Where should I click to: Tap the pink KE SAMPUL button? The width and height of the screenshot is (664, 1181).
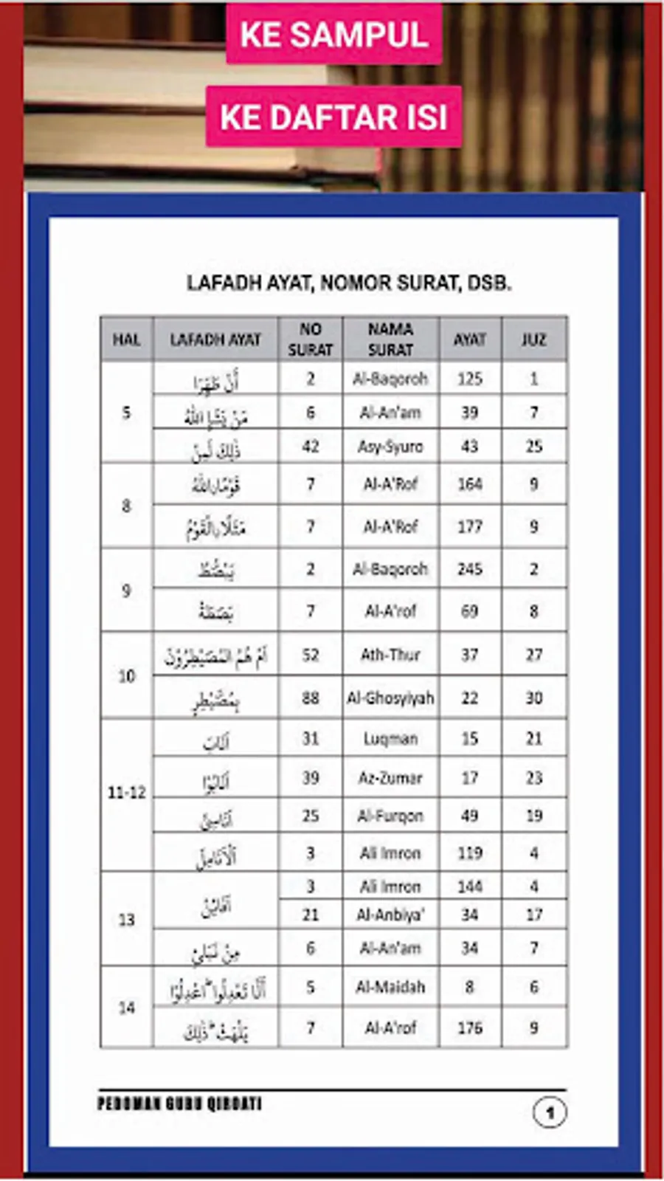(x=334, y=35)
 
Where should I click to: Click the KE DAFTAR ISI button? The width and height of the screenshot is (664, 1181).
(x=333, y=117)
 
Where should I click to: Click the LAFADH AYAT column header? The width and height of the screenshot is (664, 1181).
(x=215, y=340)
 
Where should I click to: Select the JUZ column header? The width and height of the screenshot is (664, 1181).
(x=533, y=340)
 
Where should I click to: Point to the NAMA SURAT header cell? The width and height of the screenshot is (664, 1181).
(x=390, y=339)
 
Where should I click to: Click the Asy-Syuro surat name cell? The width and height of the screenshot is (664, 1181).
(x=390, y=447)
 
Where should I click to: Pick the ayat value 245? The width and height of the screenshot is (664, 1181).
(x=470, y=569)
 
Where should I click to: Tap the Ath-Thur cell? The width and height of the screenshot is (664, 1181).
(x=390, y=655)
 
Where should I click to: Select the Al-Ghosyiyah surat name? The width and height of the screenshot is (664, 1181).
(x=390, y=698)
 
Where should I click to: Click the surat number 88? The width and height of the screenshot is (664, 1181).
(x=311, y=698)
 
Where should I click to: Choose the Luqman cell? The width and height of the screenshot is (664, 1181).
(x=390, y=739)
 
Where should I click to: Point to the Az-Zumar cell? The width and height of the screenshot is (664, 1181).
(x=390, y=777)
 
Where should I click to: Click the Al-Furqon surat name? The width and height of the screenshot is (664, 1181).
(x=390, y=816)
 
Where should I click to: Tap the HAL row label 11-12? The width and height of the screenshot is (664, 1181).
(x=127, y=793)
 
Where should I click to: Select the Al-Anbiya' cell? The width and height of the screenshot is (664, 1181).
(x=390, y=915)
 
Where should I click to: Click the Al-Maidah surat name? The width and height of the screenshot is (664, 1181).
(x=390, y=987)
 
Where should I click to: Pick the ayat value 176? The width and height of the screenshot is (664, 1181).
(x=470, y=1027)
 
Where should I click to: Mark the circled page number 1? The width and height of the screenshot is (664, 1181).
(x=550, y=1112)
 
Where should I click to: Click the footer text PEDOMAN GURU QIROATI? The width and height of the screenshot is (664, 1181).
(x=179, y=1104)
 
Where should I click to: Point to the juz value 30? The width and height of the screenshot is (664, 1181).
(x=533, y=698)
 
